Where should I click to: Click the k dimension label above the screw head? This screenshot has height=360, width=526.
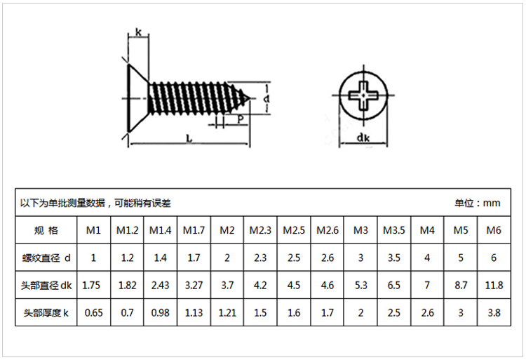point(138,32)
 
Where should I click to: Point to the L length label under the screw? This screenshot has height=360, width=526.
point(189,138)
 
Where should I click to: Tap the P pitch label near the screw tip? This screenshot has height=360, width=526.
point(241,119)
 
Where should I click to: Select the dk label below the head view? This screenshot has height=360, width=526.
point(363,138)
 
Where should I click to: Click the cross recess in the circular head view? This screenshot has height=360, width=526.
point(364,95)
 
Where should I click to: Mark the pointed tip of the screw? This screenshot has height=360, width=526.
point(249,98)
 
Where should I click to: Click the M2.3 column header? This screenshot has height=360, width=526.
point(260,230)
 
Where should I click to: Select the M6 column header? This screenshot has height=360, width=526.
point(494,230)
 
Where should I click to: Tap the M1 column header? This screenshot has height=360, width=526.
point(93,230)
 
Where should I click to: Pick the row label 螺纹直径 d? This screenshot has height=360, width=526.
point(46,258)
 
